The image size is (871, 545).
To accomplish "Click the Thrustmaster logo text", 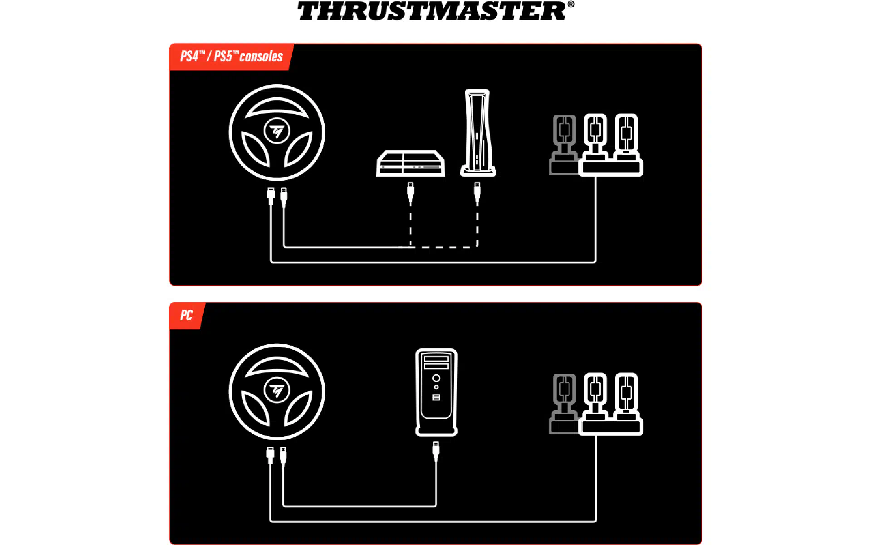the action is pyautogui.click(x=435, y=11).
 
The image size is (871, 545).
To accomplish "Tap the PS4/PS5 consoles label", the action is pyautogui.click(x=231, y=56).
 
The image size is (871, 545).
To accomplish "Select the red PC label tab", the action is pyautogui.click(x=186, y=315).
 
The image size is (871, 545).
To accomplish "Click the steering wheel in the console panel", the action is pyautogui.click(x=277, y=133).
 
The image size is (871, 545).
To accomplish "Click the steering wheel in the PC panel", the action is pyautogui.click(x=277, y=392).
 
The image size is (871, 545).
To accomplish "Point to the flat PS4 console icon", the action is pyautogui.click(x=411, y=163).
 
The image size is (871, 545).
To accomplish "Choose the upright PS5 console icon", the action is pyautogui.click(x=478, y=133).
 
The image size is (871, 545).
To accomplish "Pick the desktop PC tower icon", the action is pyautogui.click(x=436, y=392).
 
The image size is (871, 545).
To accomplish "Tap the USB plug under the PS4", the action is pyautogui.click(x=411, y=193).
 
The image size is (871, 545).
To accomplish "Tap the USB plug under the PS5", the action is pyautogui.click(x=477, y=193).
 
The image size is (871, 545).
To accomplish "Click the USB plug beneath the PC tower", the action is pyautogui.click(x=436, y=452).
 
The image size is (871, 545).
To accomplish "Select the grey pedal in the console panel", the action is pyautogui.click(x=564, y=144).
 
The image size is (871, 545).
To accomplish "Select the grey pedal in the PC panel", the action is pyautogui.click(x=564, y=404).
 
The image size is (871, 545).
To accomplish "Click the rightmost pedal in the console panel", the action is pyautogui.click(x=626, y=136).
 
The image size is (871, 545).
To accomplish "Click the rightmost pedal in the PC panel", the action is pyautogui.click(x=626, y=396).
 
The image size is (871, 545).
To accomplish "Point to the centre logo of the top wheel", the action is pyautogui.click(x=277, y=131).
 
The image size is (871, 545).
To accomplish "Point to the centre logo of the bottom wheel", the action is pyautogui.click(x=277, y=390).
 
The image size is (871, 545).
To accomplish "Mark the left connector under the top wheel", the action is pyautogui.click(x=271, y=196).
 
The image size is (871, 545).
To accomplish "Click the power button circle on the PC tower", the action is pyautogui.click(x=436, y=378).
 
